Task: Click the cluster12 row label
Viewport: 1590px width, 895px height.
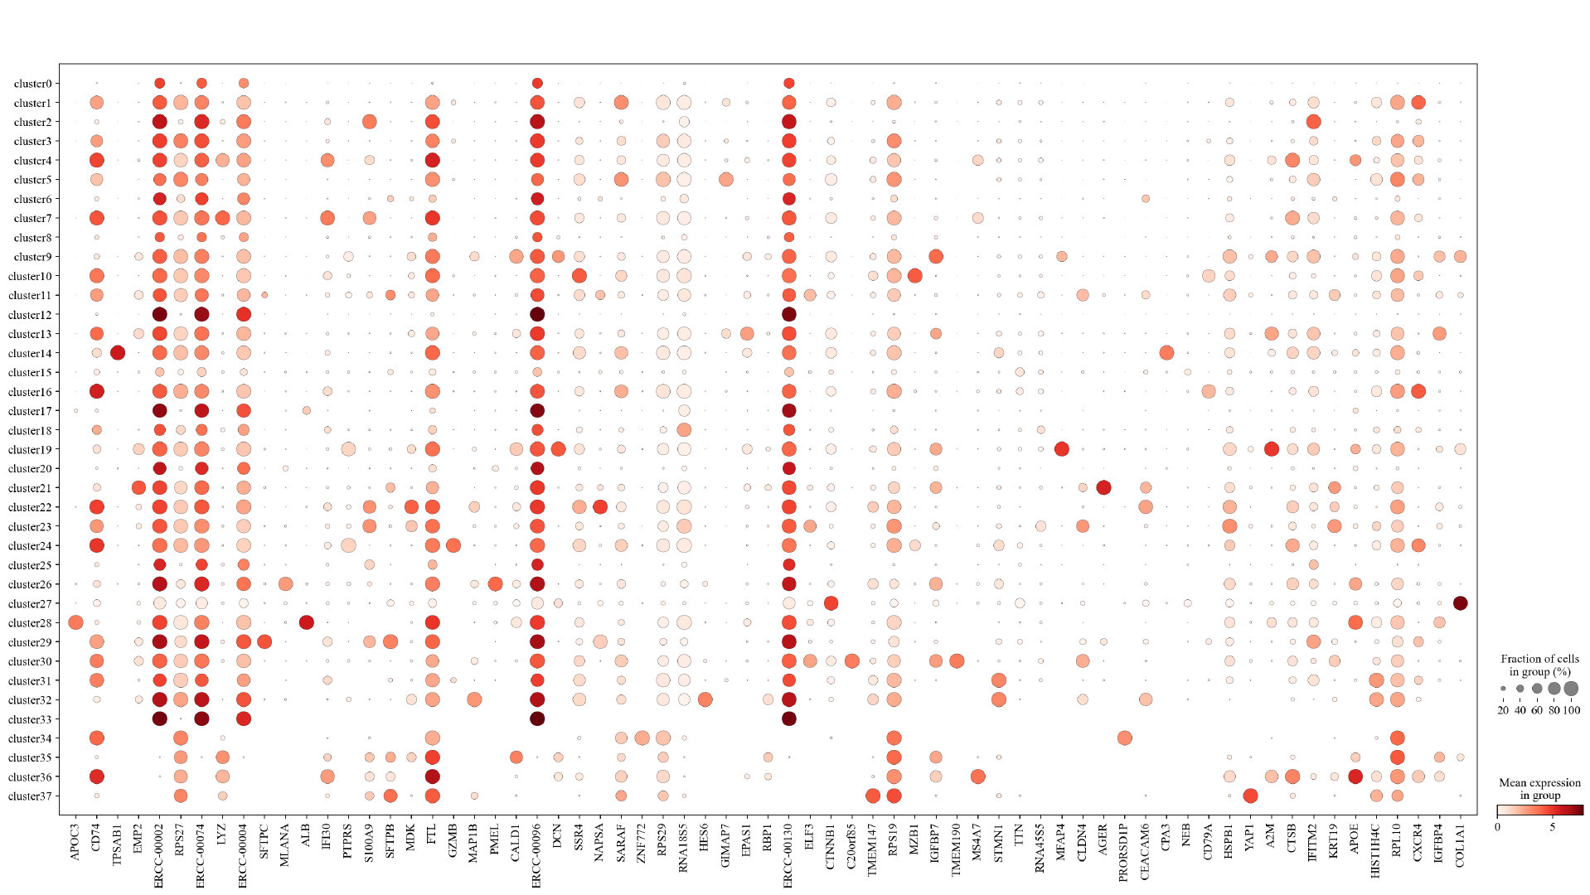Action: [30, 315]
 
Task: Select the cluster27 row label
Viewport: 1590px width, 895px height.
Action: [30, 604]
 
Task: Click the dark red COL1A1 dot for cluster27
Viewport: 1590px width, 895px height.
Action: [1460, 603]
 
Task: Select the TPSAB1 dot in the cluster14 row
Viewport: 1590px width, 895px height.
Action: [117, 353]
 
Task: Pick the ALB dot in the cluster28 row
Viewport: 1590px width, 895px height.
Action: [306, 622]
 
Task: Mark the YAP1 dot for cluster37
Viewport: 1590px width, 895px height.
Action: [1250, 796]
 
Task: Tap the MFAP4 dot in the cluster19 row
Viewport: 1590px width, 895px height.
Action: [1061, 449]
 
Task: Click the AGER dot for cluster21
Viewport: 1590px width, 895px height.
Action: [1103, 487]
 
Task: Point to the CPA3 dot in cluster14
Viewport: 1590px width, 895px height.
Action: [1166, 353]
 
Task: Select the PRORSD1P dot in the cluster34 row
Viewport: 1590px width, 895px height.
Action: [1124, 738]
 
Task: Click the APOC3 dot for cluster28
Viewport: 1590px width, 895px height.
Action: [75, 622]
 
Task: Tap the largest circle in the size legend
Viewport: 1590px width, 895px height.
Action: [1571, 689]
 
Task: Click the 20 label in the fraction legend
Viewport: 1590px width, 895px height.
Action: [1503, 710]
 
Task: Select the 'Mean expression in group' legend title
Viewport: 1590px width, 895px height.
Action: [1539, 789]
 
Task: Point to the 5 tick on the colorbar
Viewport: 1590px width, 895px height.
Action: [1553, 827]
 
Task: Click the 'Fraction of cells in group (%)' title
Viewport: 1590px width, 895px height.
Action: [1539, 665]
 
